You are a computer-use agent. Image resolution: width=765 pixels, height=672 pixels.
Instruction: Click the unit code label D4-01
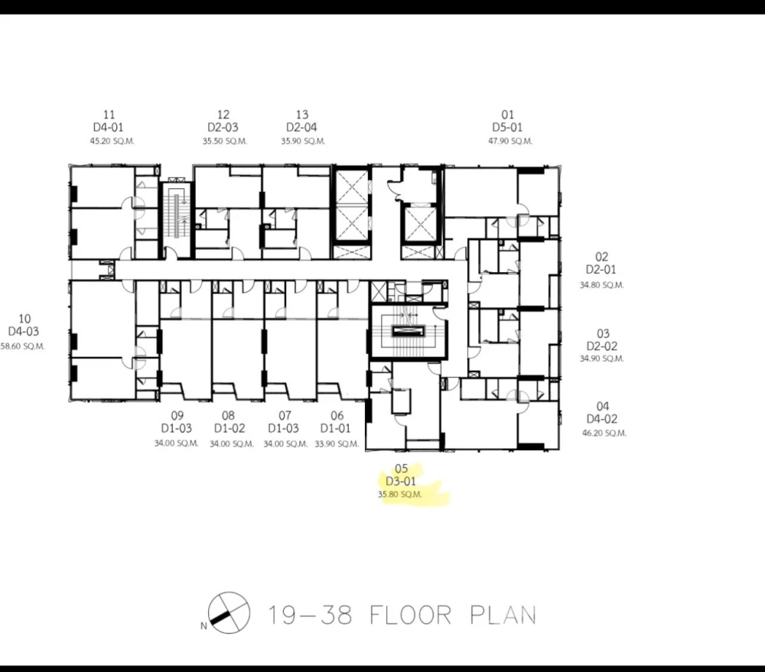[109, 128]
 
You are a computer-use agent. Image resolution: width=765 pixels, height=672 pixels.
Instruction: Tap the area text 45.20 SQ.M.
[112, 141]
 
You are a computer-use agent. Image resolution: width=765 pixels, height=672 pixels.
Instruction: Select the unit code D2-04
[301, 128]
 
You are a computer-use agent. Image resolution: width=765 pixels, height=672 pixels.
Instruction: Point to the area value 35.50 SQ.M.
[224, 141]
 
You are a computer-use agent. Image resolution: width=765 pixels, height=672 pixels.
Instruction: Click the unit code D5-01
[507, 128]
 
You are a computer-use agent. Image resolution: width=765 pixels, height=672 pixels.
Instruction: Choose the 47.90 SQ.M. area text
[510, 141]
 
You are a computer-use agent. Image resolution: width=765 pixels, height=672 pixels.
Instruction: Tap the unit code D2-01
[601, 270]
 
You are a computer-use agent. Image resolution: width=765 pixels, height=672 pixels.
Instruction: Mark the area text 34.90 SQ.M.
[601, 359]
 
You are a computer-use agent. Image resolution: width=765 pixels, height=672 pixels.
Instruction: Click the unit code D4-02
[602, 420]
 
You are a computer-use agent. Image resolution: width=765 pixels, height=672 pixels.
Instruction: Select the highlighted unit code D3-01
[401, 482]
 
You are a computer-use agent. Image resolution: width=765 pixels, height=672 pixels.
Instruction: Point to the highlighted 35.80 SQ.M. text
[399, 495]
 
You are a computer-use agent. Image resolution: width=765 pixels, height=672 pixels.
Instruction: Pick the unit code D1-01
[336, 429]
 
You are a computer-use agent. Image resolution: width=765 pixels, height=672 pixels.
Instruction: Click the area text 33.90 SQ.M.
[337, 444]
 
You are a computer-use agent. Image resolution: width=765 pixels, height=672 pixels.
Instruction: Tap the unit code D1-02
[229, 429]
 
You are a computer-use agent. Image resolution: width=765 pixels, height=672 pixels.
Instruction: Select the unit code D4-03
[24, 332]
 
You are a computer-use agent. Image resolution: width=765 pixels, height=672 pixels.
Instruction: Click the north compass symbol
[228, 613]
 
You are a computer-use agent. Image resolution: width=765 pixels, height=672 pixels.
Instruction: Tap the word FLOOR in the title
[410, 615]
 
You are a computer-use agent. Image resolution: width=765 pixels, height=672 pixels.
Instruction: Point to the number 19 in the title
[282, 615]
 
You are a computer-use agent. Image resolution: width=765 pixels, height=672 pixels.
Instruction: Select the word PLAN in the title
[503, 615]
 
